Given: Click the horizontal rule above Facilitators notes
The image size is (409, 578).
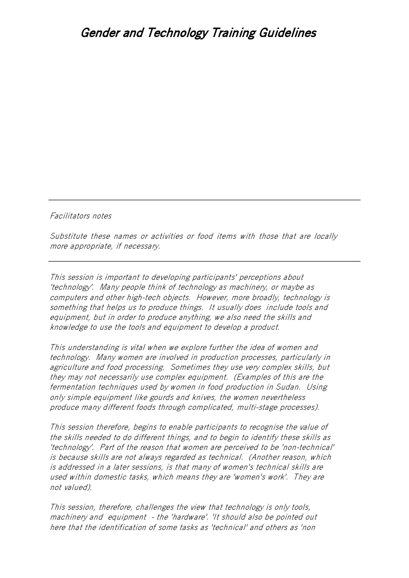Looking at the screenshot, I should [x=204, y=200].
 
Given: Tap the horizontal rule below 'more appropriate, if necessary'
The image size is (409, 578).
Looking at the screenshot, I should [x=204, y=261].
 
